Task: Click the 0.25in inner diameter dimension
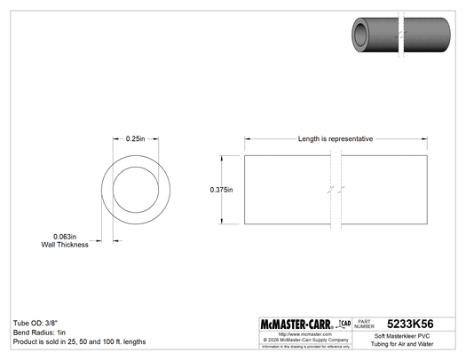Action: (135, 139)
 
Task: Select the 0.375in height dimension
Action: (222, 190)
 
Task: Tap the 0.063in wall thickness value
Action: (65, 236)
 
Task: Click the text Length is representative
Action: (335, 139)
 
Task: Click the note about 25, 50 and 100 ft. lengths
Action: (79, 342)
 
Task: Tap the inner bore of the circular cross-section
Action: (135, 190)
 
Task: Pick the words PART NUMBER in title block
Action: (367, 324)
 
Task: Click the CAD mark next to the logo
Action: (346, 322)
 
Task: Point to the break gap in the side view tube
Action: (335, 190)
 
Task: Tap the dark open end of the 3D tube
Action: (361, 34)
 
